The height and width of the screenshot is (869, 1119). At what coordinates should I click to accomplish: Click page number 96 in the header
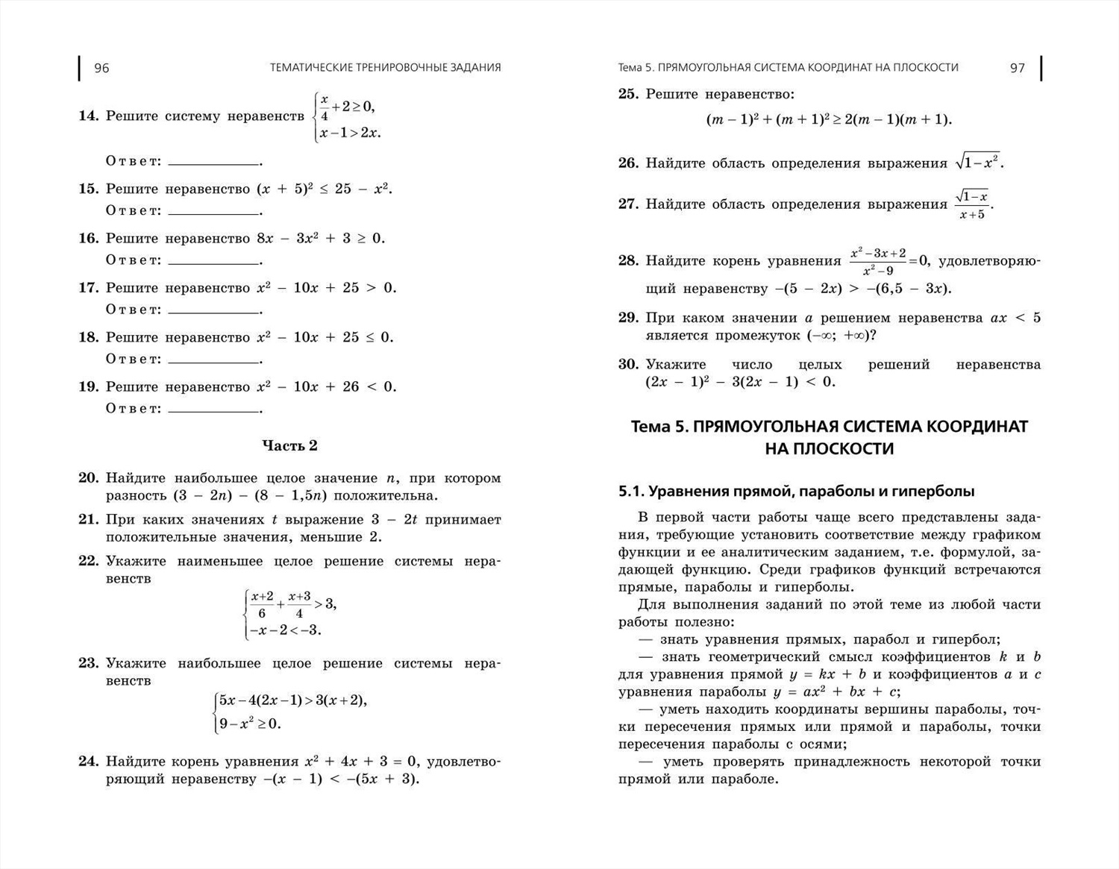coord(101,68)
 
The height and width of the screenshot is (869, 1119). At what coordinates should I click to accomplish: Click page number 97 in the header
coord(1018,68)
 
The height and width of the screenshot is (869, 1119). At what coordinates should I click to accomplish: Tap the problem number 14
coord(88,116)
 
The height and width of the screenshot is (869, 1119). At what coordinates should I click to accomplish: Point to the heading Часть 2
coord(289,445)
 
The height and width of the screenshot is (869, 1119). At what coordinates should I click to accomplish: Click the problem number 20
coord(88,478)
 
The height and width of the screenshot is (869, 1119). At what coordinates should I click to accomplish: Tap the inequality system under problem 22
coord(291,613)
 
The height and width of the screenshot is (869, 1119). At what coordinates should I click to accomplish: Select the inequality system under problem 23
coord(290,712)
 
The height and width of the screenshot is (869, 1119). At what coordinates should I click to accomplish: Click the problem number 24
coord(88,762)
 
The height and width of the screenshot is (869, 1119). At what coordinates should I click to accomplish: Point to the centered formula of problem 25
coord(829,119)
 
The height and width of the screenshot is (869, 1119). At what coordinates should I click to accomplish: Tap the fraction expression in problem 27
coord(973,204)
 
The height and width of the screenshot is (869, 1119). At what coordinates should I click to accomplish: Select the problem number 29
coord(628,318)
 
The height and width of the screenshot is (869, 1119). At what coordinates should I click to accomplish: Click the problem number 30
coord(628,365)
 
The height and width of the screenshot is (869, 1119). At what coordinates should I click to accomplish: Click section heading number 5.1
coord(630,492)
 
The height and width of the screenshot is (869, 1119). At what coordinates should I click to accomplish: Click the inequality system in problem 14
coord(348,117)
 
